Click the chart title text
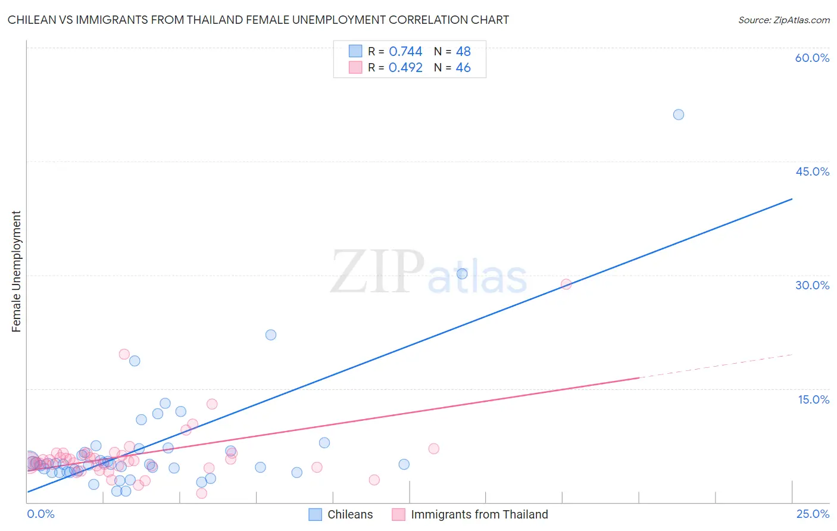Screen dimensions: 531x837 (258, 20)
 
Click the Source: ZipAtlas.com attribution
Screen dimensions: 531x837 (783, 20)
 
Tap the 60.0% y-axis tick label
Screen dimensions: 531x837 (812, 58)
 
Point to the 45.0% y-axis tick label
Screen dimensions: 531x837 (812, 171)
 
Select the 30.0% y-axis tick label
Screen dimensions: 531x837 (812, 285)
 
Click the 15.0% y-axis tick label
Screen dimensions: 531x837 (813, 399)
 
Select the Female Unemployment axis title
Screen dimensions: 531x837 (16, 271)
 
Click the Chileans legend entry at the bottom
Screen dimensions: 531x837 (349, 514)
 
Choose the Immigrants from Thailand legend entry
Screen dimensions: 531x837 (479, 514)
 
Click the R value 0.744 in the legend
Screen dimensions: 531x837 (405, 52)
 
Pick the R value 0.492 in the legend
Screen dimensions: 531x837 (405, 68)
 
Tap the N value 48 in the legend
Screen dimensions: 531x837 (463, 52)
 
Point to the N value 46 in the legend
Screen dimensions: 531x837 (463, 68)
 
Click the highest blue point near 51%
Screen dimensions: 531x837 (678, 114)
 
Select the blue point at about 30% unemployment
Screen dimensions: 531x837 (462, 274)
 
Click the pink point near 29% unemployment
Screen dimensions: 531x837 (566, 284)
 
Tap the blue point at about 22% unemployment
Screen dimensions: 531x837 (271, 335)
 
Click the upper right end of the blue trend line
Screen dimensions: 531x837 (792, 199)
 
